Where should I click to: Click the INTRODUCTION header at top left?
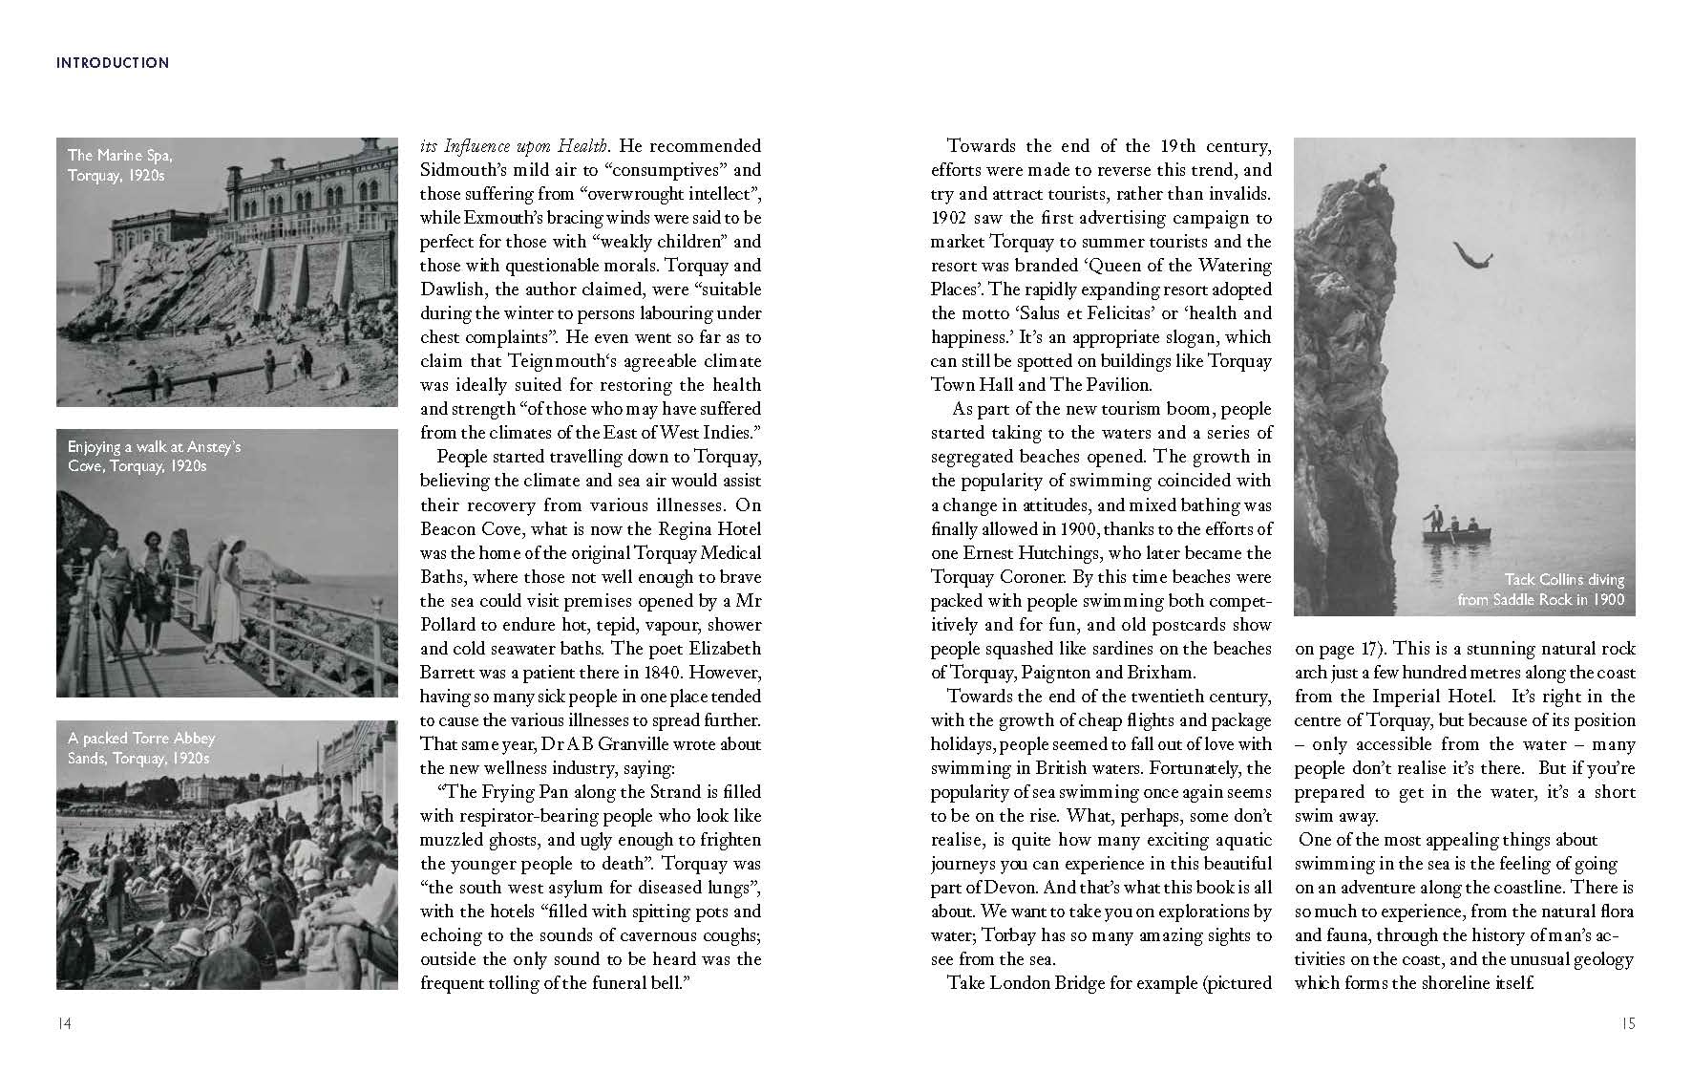coord(113,63)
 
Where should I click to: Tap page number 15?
coord(1627,1023)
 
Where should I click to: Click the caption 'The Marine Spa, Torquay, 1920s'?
coord(120,165)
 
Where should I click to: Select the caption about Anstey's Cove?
coord(154,456)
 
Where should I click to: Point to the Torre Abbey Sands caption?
coord(141,748)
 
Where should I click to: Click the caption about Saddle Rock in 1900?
coord(1540,590)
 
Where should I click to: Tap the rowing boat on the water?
coord(1456,530)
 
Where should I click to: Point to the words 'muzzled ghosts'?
coord(482,840)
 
